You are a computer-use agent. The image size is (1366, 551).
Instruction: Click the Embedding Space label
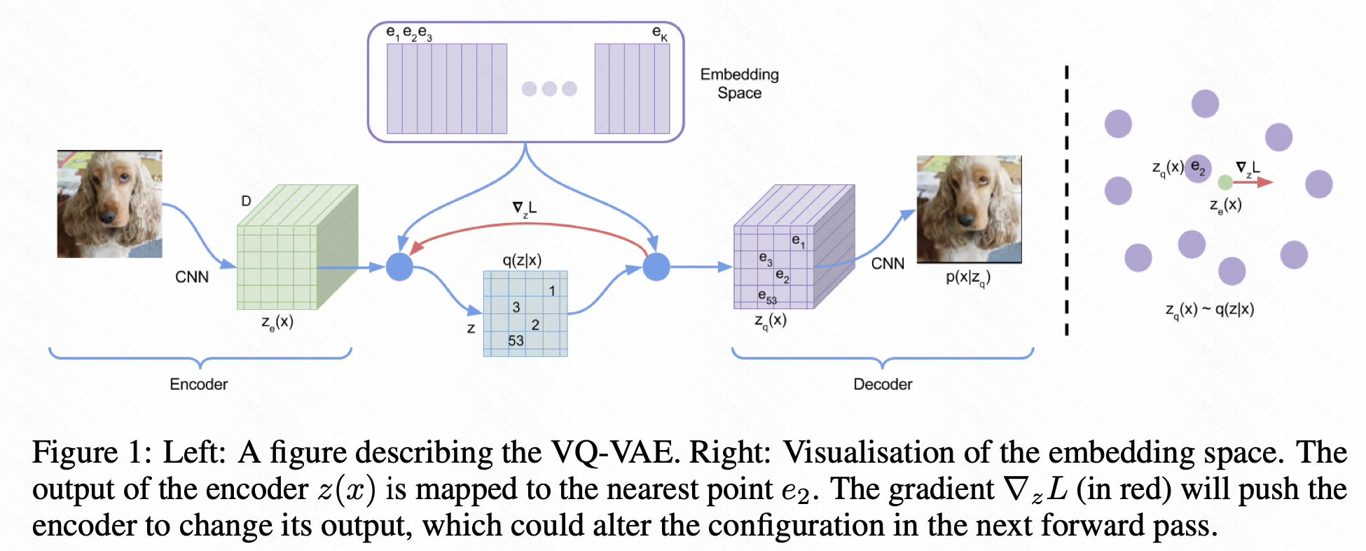(x=740, y=83)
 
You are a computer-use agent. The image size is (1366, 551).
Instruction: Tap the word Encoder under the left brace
(x=199, y=384)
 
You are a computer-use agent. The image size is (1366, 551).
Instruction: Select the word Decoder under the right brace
(x=883, y=384)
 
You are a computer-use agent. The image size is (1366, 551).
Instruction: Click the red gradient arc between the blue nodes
(x=530, y=224)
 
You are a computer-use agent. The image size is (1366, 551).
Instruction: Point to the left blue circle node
(x=400, y=267)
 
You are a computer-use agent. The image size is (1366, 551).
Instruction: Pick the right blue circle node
(x=656, y=267)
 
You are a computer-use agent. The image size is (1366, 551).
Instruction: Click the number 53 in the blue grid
(x=516, y=341)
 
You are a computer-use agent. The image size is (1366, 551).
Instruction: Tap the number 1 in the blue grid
(x=552, y=290)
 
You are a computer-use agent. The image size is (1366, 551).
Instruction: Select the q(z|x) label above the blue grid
(x=522, y=261)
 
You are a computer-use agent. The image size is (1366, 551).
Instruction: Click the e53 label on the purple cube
(x=768, y=297)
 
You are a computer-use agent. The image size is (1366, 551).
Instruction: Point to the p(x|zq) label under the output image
(x=968, y=278)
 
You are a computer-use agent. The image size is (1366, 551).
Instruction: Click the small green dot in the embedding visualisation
(x=1225, y=183)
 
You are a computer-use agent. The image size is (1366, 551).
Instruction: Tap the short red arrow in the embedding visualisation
(x=1253, y=182)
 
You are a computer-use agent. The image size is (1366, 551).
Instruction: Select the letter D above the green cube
(x=246, y=201)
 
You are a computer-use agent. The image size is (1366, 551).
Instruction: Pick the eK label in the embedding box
(x=660, y=33)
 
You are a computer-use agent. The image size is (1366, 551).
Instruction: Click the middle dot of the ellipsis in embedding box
(x=549, y=88)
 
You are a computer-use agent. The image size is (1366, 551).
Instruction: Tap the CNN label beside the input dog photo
(x=192, y=277)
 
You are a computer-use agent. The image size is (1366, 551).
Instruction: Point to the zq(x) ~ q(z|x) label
(x=1210, y=310)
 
